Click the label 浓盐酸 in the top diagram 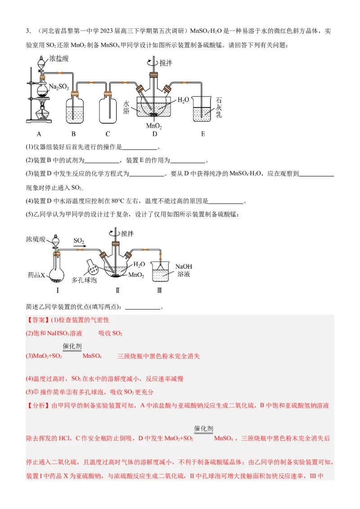click(60, 58)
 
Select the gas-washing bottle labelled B click(74, 108)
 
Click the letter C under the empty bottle click(108, 134)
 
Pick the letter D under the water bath click(154, 134)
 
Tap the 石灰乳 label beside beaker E click(219, 108)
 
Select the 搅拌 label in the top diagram click(165, 63)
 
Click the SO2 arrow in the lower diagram click(79, 243)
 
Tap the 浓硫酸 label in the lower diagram click(36, 238)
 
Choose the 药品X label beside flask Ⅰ click(37, 274)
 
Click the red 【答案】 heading click(38, 320)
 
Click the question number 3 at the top click(28, 31)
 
